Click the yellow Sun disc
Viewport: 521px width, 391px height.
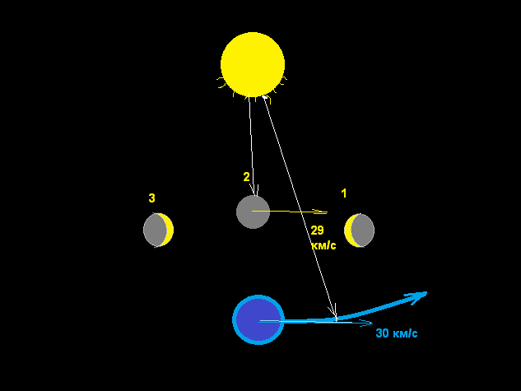pos(253,64)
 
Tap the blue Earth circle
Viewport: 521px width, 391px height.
pos(258,319)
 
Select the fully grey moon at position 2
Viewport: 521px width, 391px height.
pos(253,212)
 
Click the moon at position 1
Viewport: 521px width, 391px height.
pos(359,230)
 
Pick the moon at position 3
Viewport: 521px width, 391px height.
pos(158,230)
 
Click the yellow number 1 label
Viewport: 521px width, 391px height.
pos(344,193)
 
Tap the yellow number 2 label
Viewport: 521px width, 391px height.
pos(246,177)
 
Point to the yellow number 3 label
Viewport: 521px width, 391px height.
pos(151,198)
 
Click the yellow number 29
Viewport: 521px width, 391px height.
pos(318,230)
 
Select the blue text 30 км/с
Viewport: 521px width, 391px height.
pos(397,333)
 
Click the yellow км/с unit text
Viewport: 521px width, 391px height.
pos(323,245)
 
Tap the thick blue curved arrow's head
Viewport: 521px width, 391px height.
pos(417,296)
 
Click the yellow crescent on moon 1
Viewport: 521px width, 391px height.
pos(348,230)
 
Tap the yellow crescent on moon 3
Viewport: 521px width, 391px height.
pos(169,230)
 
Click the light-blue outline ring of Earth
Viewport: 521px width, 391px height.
pos(234,319)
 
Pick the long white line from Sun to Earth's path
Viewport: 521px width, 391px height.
pos(300,207)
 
